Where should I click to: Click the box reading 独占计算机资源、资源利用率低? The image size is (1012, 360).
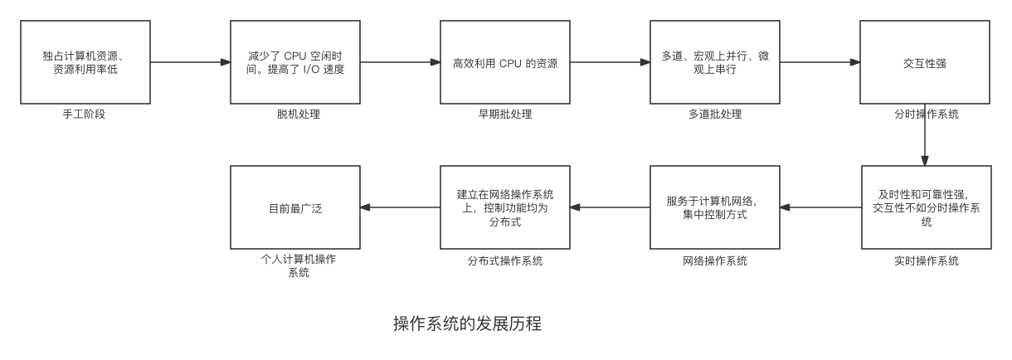point(85,62)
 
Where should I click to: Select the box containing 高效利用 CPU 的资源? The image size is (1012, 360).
point(504,62)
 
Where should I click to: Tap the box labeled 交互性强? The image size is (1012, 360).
point(924,62)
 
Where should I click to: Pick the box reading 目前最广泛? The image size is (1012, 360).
point(294,207)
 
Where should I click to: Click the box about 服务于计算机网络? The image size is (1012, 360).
point(714,207)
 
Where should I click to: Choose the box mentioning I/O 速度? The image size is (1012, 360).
point(294,62)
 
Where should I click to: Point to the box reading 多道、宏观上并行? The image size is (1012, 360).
point(714,62)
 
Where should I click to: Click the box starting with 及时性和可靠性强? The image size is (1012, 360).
point(924,207)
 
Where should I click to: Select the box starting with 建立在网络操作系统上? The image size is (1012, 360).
point(504,207)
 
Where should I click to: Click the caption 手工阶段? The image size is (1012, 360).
point(85,114)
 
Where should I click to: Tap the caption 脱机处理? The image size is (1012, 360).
point(294,114)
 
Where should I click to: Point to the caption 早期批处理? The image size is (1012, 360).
point(504,114)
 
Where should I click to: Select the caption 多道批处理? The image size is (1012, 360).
point(714,114)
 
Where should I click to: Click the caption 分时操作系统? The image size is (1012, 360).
point(924,114)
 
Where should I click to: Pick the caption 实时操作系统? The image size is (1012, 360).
point(924,260)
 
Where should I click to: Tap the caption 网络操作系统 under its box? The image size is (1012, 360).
point(714,260)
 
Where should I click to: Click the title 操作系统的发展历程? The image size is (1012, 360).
point(467,323)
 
